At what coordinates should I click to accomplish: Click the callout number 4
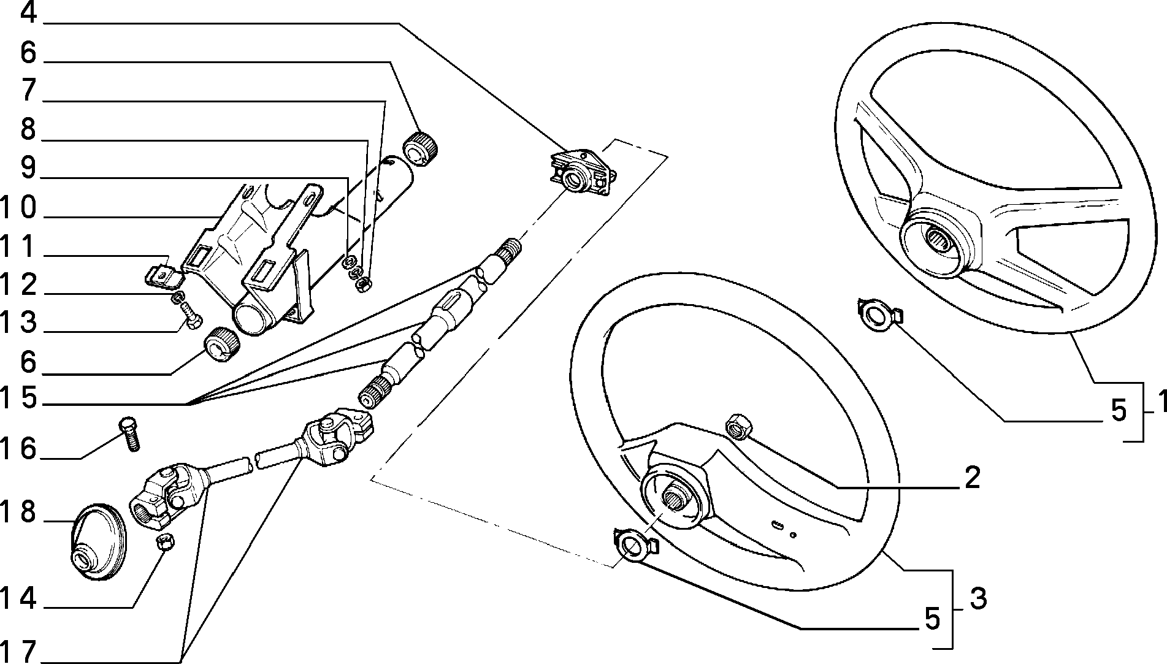pos(29,13)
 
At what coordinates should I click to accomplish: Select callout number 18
pos(19,513)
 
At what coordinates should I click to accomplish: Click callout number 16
pos(19,449)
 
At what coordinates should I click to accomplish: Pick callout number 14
pos(19,598)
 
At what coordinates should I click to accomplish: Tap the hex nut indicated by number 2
pos(736,427)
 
